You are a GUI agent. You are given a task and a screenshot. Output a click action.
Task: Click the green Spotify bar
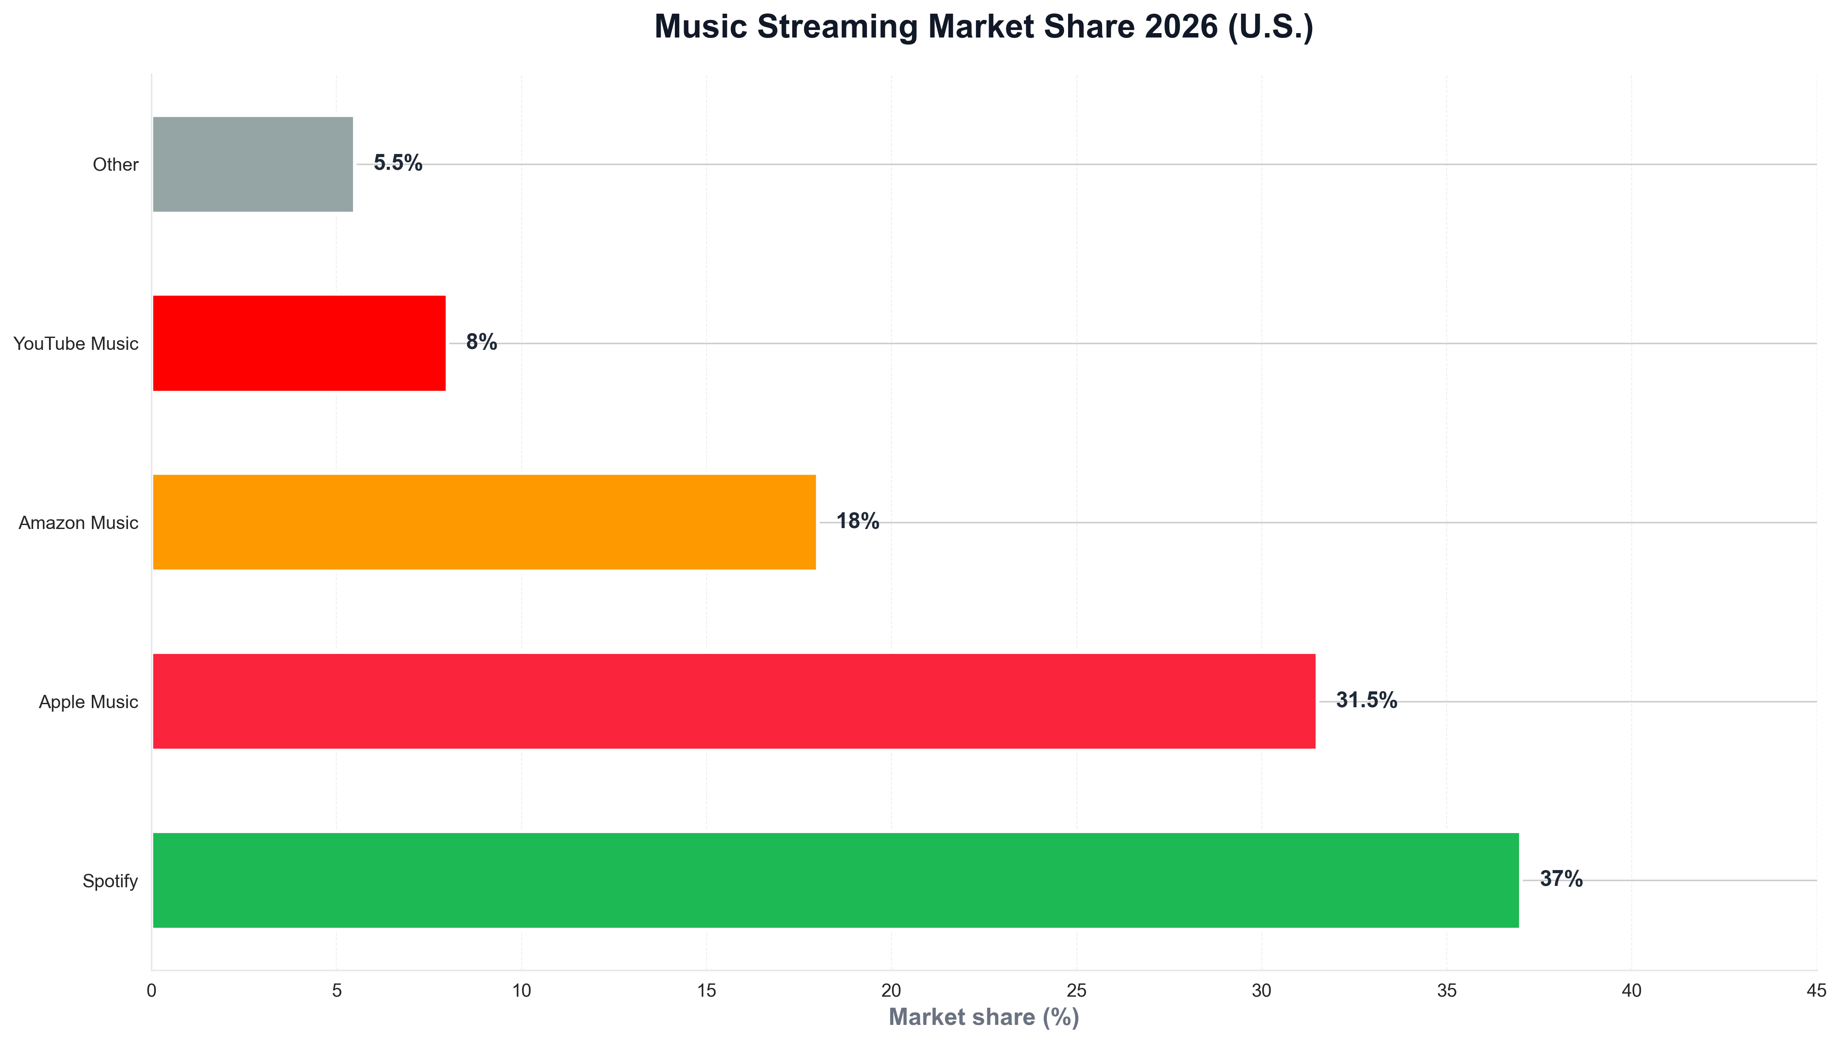coord(835,880)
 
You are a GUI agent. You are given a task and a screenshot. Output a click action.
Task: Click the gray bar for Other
coord(253,164)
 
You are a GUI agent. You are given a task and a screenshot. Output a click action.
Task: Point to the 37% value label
coord(1561,879)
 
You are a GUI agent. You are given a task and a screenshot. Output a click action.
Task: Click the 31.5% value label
coord(1366,700)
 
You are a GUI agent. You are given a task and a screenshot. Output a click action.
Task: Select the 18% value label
coord(857,521)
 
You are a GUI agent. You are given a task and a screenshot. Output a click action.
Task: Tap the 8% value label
coord(481,341)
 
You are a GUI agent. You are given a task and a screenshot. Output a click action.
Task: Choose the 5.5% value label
coord(398,163)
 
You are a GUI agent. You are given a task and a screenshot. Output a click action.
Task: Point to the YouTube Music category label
coord(76,344)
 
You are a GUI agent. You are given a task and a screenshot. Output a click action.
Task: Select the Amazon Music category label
coord(78,523)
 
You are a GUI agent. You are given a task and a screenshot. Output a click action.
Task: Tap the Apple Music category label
coord(88,702)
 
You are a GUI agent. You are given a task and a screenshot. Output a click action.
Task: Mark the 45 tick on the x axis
coord(1816,990)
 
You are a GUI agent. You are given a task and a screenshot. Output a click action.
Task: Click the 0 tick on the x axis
coord(151,990)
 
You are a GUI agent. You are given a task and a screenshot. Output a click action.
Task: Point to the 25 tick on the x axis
coord(1076,990)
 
